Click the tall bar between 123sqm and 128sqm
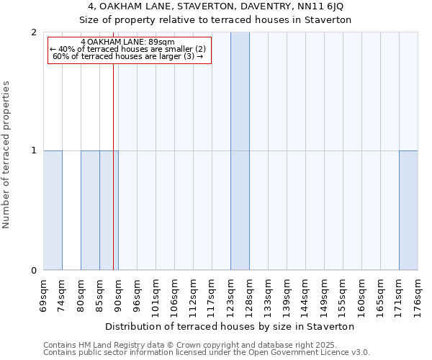(x=240, y=151)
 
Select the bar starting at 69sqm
(x=53, y=210)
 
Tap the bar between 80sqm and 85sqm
(x=90, y=210)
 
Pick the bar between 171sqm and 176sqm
(x=408, y=210)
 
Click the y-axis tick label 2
(x=35, y=32)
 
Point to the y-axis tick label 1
(x=35, y=150)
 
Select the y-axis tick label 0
(x=35, y=271)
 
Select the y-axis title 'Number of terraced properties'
(x=7, y=154)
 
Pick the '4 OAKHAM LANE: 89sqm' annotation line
(x=127, y=42)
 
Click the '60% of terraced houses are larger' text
(x=128, y=56)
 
